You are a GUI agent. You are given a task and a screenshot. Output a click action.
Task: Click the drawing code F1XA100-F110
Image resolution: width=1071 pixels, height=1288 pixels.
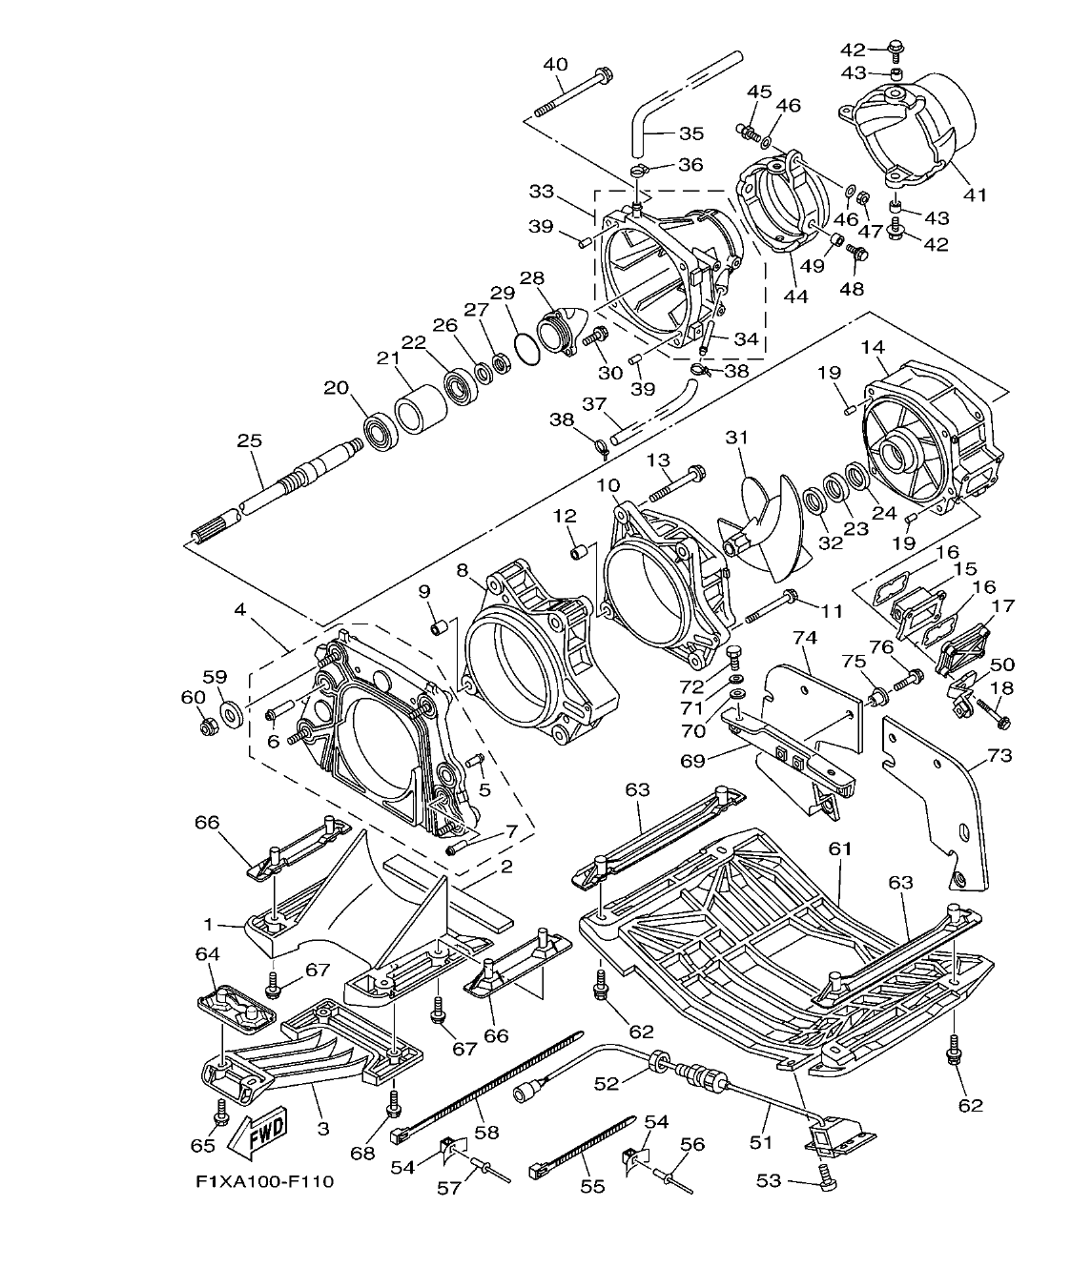pos(264,1182)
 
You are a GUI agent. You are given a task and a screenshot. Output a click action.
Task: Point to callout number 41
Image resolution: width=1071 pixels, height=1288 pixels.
pos(973,195)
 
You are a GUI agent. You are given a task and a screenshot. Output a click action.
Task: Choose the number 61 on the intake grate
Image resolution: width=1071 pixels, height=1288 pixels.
pos(840,848)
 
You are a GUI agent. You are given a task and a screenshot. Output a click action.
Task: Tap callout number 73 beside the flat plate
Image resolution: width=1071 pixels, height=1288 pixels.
pos(999,756)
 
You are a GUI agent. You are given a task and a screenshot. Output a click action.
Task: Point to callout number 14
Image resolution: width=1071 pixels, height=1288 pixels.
pos(873,347)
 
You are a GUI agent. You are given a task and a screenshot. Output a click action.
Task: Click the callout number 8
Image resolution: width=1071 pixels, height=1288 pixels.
pos(463,570)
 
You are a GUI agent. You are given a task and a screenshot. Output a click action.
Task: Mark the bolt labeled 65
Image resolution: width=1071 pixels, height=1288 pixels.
pos(221,1111)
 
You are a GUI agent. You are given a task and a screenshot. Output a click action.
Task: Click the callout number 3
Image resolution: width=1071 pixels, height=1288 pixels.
pos(322,1129)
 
